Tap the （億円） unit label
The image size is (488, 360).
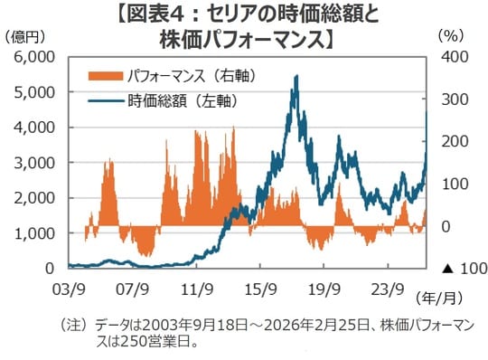[x=24, y=36]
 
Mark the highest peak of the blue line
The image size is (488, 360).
[x=296, y=77]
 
